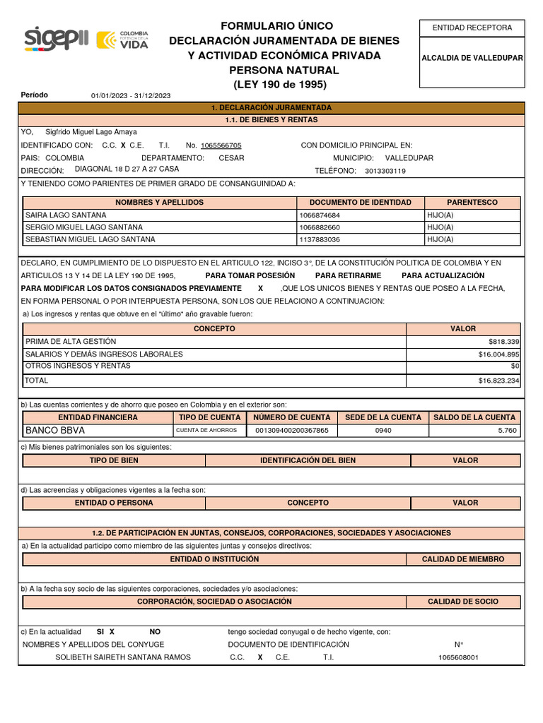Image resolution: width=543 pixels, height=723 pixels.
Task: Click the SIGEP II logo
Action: tap(57, 39)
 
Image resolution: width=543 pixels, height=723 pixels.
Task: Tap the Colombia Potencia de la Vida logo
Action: tap(122, 40)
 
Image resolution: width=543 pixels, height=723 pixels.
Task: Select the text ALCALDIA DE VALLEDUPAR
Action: tap(472, 58)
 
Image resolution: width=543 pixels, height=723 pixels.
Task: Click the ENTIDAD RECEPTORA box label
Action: tap(472, 28)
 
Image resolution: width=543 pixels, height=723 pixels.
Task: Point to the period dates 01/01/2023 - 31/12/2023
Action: tap(131, 96)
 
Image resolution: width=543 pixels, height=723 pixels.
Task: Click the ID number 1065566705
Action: tap(221, 145)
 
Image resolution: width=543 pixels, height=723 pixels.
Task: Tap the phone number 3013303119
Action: tap(385, 171)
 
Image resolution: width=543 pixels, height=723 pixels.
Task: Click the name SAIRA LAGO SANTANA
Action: tap(66, 215)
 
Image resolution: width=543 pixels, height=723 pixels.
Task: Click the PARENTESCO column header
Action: tap(472, 203)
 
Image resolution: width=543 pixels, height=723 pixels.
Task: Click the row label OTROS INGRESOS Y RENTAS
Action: tap(78, 366)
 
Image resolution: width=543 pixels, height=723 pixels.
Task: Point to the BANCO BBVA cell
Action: tap(55, 430)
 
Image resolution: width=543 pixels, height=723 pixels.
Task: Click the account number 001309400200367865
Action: tap(291, 431)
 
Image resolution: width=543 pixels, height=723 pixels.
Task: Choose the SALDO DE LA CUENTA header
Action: tap(474, 417)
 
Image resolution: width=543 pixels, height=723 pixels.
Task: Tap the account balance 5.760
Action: tap(507, 431)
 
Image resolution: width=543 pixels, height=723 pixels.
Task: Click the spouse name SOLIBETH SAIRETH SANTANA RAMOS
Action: tap(123, 657)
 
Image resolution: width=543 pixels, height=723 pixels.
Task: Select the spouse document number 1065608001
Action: tap(458, 658)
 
